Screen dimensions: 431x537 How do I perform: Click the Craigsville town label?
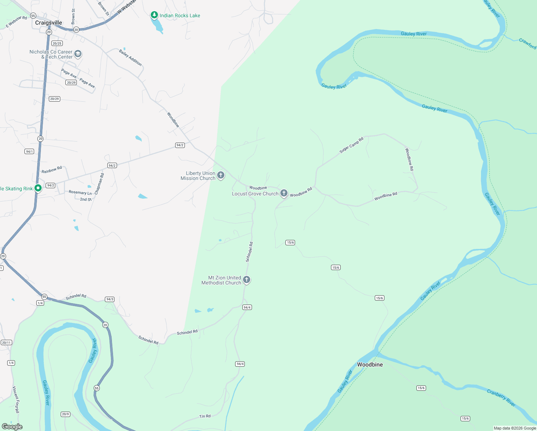[48, 23]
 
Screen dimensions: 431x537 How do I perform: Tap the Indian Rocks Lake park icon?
[154, 15]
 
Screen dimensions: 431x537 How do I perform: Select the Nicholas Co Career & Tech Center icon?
[78, 54]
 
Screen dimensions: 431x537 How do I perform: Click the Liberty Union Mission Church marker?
[221, 175]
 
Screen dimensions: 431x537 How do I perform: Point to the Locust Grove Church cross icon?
[284, 193]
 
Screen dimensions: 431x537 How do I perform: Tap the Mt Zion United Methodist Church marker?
[247, 280]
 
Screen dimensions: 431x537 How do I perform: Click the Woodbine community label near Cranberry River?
[370, 365]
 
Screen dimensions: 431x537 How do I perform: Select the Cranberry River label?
[501, 398]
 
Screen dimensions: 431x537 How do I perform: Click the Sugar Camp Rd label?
[351, 145]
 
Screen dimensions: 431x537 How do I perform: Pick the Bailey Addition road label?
[130, 57]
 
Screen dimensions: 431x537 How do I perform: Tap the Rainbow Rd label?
[52, 170]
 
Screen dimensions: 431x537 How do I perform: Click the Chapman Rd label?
[99, 184]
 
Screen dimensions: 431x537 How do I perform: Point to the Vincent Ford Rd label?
[16, 399]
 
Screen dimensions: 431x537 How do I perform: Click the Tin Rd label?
[205, 416]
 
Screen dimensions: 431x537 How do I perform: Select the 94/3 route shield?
[109, 299]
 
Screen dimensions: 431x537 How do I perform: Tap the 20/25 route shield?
[57, 43]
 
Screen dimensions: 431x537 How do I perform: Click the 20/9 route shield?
[65, 414]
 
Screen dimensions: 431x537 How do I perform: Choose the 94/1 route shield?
[29, 152]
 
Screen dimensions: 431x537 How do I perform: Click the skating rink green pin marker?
[38, 188]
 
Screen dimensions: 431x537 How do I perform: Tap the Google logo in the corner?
[12, 427]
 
